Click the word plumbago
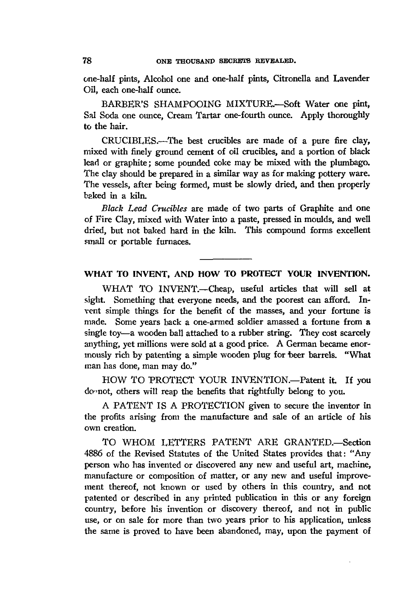(x=350, y=163)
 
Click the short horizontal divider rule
(x=226, y=259)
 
